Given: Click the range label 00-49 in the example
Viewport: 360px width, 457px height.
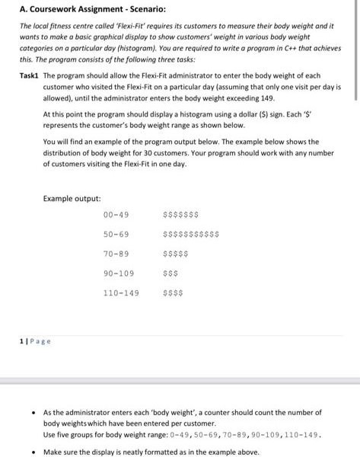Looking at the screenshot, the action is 116,215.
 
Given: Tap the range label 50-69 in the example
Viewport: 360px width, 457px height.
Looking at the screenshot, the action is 116,234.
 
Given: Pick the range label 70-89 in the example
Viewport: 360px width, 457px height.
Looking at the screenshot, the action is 116,253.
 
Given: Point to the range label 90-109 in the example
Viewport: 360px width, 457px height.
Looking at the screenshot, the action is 118,272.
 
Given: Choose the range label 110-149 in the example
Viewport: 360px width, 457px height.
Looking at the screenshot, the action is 121,291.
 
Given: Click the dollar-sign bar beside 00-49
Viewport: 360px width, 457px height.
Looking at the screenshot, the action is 181,215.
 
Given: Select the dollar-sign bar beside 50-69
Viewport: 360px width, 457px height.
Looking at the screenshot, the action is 191,234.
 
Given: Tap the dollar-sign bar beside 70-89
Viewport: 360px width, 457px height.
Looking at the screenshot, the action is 175,253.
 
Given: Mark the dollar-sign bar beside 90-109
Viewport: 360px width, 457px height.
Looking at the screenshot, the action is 170,272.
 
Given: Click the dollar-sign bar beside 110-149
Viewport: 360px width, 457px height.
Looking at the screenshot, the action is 173,291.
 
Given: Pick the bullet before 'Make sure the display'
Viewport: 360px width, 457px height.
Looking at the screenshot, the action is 31,451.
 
